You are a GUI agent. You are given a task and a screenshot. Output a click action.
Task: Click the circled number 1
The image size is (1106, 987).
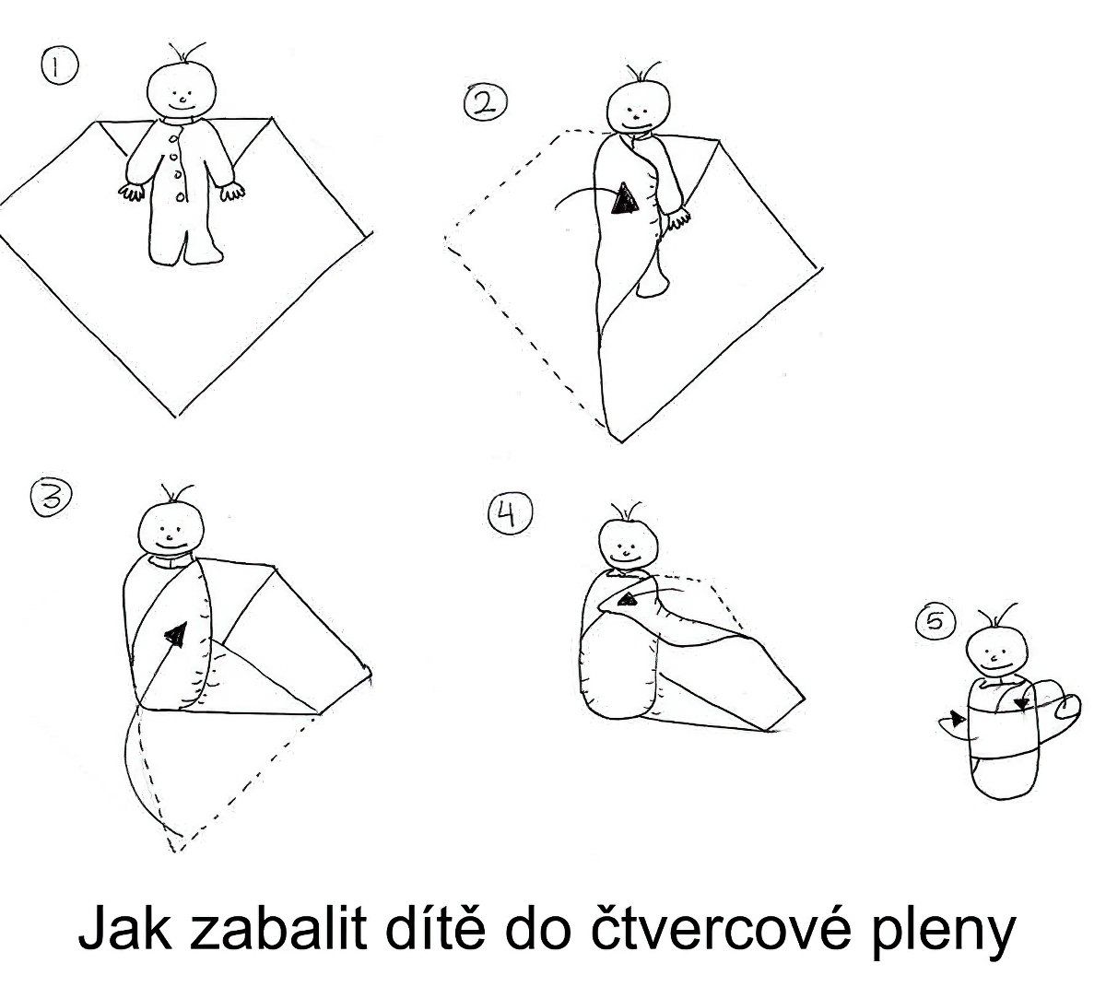(x=60, y=66)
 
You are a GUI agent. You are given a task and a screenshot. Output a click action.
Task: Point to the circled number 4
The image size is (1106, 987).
(x=510, y=514)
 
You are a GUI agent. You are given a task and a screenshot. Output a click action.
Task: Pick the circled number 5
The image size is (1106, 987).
(x=935, y=621)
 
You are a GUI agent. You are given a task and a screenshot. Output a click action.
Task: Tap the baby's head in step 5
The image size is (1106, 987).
(x=997, y=652)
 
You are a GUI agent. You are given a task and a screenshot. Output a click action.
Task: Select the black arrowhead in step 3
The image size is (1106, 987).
(x=176, y=634)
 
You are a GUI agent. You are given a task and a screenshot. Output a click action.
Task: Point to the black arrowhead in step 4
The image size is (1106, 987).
(x=628, y=599)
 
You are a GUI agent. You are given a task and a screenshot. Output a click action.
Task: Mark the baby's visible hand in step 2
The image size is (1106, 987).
(x=678, y=218)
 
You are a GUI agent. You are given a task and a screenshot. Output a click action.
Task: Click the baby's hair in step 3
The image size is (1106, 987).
(x=180, y=492)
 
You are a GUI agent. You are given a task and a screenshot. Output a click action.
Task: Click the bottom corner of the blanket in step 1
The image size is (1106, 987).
(x=175, y=417)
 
